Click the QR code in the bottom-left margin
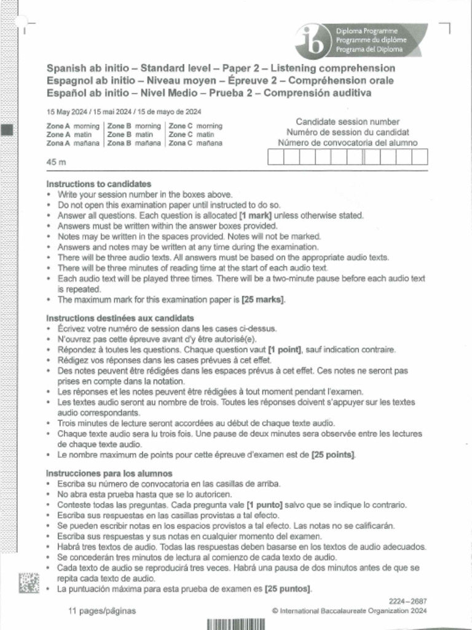click(28, 582)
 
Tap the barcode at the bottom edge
click(235, 623)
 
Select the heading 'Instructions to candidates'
click(99, 184)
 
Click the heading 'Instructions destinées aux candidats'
click(120, 318)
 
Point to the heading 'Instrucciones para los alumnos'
click(109, 474)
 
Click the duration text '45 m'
click(56, 162)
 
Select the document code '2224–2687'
click(407, 601)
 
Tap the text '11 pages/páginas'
click(102, 611)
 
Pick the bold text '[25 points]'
click(333, 455)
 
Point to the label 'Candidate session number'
click(347, 122)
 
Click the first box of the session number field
click(275, 157)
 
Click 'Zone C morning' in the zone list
click(195, 126)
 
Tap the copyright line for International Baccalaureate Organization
click(348, 611)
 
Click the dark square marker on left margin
click(7, 130)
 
